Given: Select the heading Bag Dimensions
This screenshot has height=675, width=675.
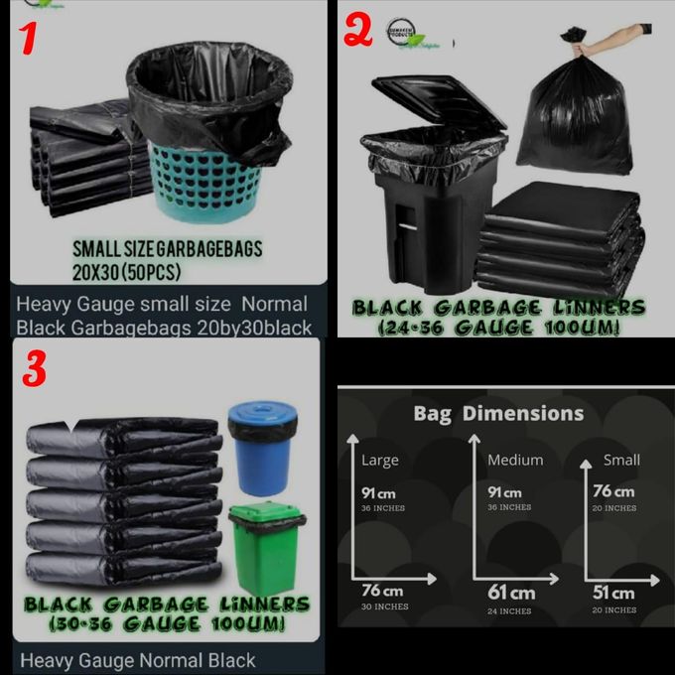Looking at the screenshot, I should coord(498,413).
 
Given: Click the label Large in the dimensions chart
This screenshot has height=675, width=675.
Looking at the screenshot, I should coord(379,460).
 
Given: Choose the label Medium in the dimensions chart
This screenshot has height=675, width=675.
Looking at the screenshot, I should coord(515,460).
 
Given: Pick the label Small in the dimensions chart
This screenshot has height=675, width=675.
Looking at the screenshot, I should coord(621,460).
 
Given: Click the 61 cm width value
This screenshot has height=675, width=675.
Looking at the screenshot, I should coord(510,593).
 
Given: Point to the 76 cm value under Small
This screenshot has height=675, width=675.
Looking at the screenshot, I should coord(613,491).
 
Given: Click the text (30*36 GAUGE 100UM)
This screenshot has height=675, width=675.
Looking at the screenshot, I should coord(167,623).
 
